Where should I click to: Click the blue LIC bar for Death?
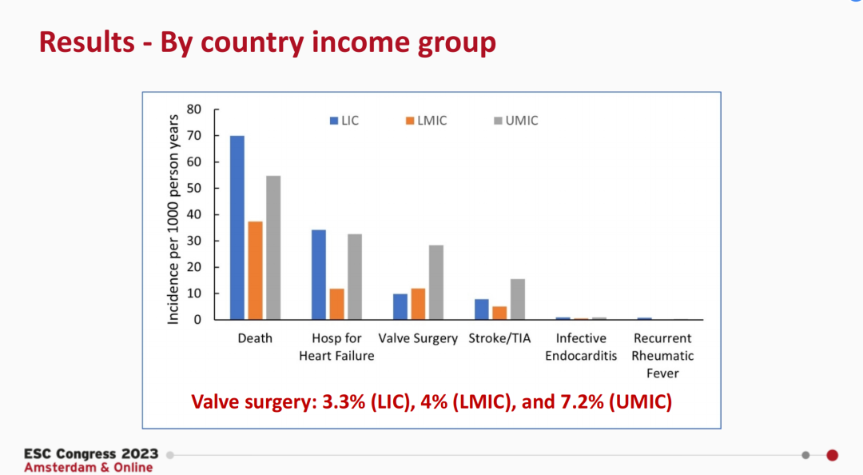click(237, 228)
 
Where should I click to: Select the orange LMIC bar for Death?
click(255, 270)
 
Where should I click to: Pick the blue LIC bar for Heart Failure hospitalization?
click(319, 274)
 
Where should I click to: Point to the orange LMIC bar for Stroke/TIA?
click(499, 313)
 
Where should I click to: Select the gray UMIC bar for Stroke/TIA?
click(518, 299)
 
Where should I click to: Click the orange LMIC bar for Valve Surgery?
click(418, 304)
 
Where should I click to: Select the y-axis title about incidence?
click(173, 218)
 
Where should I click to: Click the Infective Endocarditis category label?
click(581, 347)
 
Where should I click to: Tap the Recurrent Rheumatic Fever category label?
click(662, 355)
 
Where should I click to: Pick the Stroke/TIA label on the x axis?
click(499, 338)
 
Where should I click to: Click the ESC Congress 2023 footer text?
click(91, 453)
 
